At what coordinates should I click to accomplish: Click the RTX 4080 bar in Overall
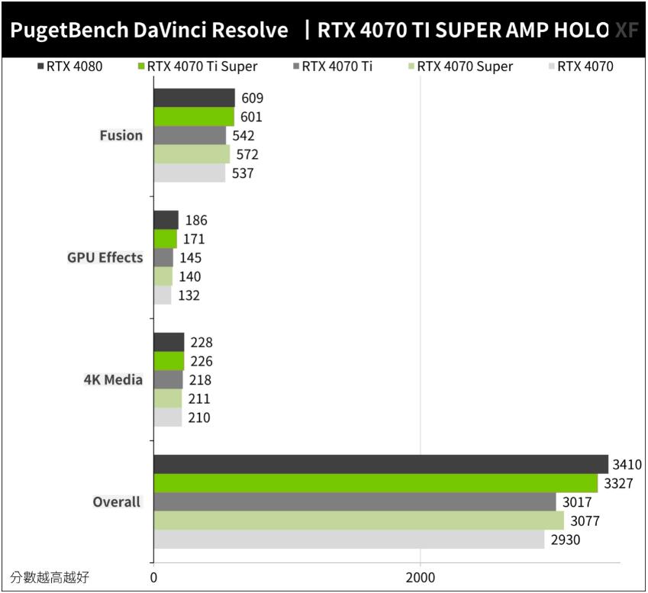pyautogui.click(x=380, y=464)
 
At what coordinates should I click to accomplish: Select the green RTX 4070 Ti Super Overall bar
pyautogui.click(x=375, y=483)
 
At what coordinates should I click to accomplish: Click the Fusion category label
pyautogui.click(x=121, y=135)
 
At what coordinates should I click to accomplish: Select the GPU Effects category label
pyautogui.click(x=105, y=257)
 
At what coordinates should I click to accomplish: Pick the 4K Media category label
pyautogui.click(x=113, y=379)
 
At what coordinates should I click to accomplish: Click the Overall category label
pyautogui.click(x=117, y=501)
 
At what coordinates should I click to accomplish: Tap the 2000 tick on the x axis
pyautogui.click(x=420, y=577)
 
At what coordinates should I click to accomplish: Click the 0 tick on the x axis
pyautogui.click(x=153, y=577)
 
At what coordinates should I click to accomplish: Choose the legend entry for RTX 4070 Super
pyautogui.click(x=464, y=66)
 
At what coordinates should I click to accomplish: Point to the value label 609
pyautogui.click(x=253, y=98)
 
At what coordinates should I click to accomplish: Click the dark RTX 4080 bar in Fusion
pyautogui.click(x=194, y=98)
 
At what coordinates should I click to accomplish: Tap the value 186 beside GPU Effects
pyautogui.click(x=196, y=221)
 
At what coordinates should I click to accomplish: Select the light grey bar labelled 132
pyautogui.click(x=162, y=295)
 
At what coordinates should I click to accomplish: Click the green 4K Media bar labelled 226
pyautogui.click(x=169, y=361)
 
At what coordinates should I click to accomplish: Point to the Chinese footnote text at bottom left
pyautogui.click(x=50, y=577)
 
